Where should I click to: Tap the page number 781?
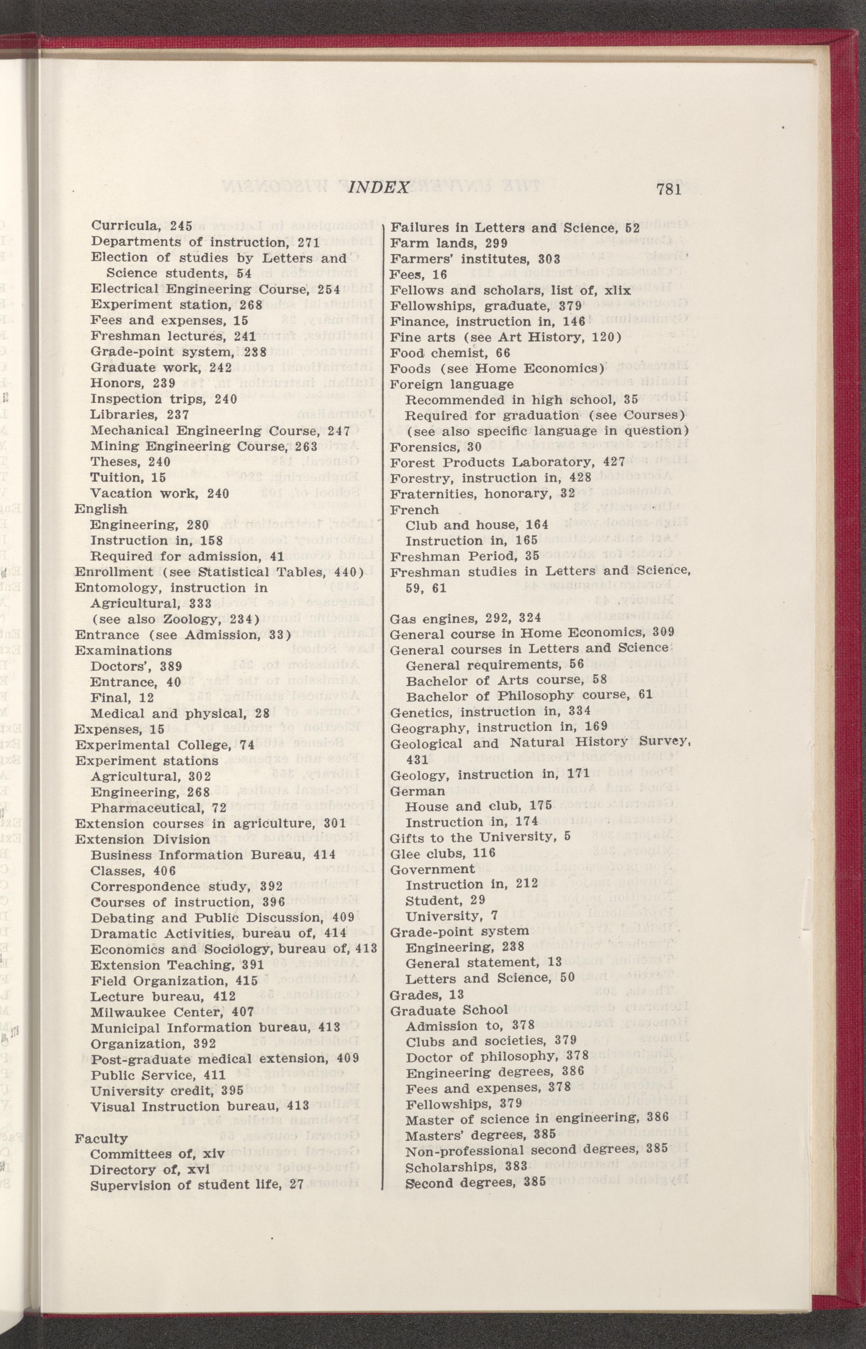[668, 188]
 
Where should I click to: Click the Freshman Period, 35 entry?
[464, 556]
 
